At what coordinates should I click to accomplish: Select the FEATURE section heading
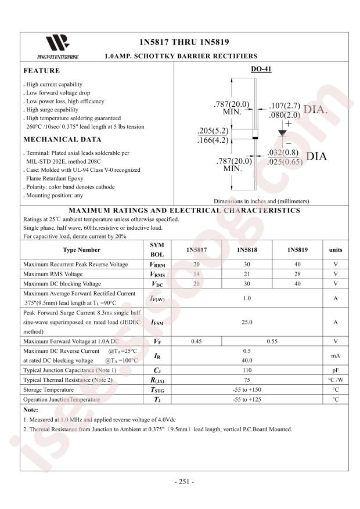click(41, 71)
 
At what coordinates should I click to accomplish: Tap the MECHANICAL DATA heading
click(62, 139)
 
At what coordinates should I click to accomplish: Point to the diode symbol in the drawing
click(282, 133)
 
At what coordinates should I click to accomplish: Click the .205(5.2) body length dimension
click(213, 131)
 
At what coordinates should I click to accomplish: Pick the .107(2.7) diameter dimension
click(285, 106)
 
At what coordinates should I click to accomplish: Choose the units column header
click(335, 250)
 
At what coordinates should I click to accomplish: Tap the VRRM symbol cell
click(157, 264)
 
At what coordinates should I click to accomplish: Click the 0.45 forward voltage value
click(197, 341)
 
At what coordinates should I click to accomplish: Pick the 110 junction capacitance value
click(247, 370)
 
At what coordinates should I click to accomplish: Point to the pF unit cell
click(335, 370)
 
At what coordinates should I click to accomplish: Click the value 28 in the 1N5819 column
click(297, 274)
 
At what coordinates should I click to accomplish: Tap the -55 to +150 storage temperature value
click(247, 389)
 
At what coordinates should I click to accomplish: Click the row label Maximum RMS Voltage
click(53, 274)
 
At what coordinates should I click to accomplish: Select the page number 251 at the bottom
click(184, 482)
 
